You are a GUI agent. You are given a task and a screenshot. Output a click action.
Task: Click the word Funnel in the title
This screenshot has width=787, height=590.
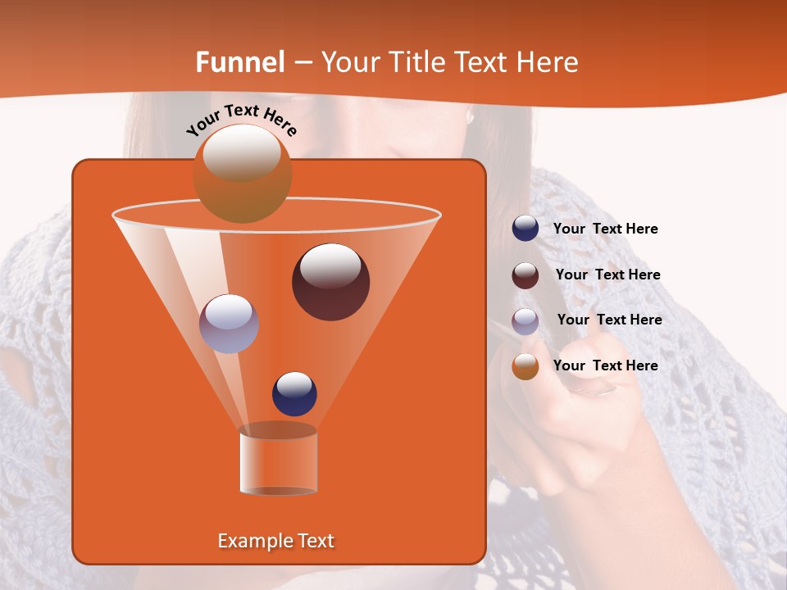239,62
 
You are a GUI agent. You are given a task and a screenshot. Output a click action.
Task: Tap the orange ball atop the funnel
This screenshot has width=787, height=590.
242,174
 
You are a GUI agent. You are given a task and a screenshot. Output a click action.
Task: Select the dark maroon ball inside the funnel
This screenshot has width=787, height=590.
330,282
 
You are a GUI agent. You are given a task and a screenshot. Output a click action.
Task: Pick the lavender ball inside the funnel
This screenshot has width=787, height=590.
229,324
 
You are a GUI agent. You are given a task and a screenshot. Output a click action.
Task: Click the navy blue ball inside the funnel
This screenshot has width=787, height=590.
294,393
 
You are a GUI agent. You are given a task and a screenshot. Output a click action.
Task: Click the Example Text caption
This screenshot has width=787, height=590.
275,541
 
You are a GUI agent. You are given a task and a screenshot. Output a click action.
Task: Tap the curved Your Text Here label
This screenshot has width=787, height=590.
241,120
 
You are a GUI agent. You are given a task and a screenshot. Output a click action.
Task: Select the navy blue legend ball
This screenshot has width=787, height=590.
525,229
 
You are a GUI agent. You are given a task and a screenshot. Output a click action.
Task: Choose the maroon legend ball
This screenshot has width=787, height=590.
525,275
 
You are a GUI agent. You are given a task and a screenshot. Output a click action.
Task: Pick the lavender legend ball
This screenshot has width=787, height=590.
525,321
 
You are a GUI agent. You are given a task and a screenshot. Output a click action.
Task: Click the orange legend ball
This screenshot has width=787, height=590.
525,366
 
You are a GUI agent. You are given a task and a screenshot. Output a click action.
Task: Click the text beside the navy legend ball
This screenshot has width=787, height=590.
605,229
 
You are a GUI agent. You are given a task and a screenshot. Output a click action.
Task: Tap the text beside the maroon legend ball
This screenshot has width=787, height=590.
607,275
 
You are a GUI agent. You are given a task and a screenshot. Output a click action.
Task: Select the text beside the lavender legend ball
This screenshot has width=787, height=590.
609,320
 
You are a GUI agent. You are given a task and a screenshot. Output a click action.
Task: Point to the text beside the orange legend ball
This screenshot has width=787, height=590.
605,366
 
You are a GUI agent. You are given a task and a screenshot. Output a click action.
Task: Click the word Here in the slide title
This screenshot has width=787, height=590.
548,62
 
